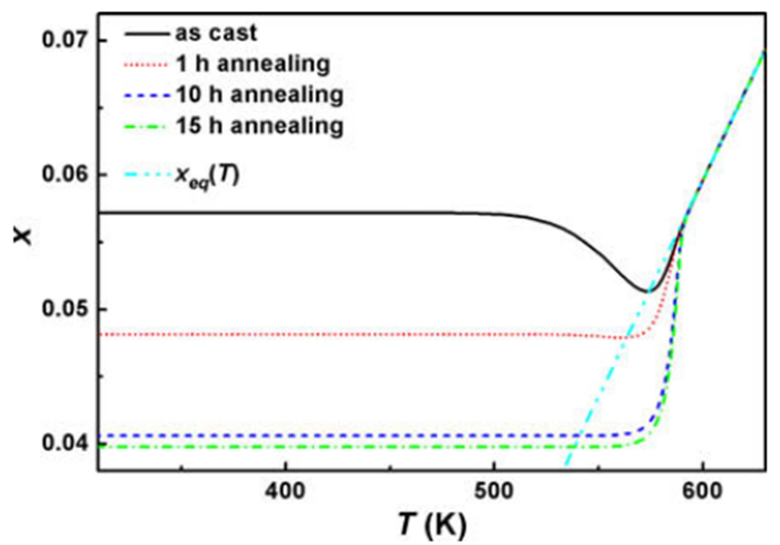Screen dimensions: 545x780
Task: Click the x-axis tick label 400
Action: [x=285, y=491]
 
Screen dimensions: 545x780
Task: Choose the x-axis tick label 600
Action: [x=702, y=491]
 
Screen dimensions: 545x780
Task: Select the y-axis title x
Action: [x=22, y=236]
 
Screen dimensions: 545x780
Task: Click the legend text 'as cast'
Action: [x=216, y=33]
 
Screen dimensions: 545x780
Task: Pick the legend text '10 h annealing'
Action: [x=260, y=95]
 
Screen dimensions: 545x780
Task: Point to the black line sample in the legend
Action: [x=147, y=34]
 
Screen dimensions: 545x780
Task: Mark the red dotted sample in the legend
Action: [x=147, y=65]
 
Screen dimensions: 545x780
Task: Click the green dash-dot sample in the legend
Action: [x=147, y=127]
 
